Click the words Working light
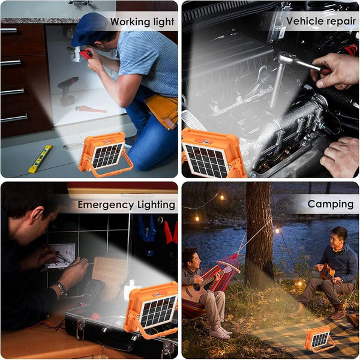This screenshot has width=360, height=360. click(142, 22)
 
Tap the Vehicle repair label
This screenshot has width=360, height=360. click(321, 22)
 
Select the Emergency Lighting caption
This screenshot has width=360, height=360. click(126, 205)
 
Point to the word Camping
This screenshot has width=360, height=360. click(331, 204)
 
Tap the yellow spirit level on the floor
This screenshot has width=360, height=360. click(40, 159)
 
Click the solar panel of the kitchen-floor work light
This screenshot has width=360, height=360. click(107, 155)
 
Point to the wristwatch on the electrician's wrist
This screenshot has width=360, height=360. click(61, 289)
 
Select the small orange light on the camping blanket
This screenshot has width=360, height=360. click(319, 338)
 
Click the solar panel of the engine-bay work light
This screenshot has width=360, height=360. click(206, 160)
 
